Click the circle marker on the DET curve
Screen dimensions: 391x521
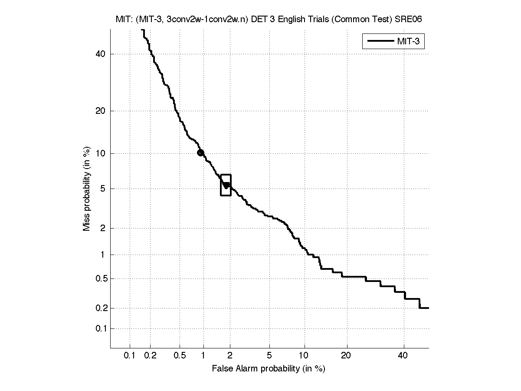pyautogui.click(x=200, y=152)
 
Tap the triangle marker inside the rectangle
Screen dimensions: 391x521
pyautogui.click(x=226, y=186)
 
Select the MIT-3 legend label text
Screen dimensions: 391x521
pyautogui.click(x=410, y=42)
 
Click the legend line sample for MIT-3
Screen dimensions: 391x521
pyautogui.click(x=380, y=42)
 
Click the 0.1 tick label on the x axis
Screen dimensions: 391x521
pyautogui.click(x=130, y=356)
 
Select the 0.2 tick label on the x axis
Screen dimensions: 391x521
pyautogui.click(x=151, y=356)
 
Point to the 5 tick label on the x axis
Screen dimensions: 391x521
pyautogui.click(x=269, y=356)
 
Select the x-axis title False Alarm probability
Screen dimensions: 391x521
pyautogui.click(x=269, y=369)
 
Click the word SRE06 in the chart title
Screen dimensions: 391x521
pyautogui.click(x=408, y=20)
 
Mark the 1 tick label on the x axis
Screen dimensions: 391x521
pyautogui.click(x=203, y=356)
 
